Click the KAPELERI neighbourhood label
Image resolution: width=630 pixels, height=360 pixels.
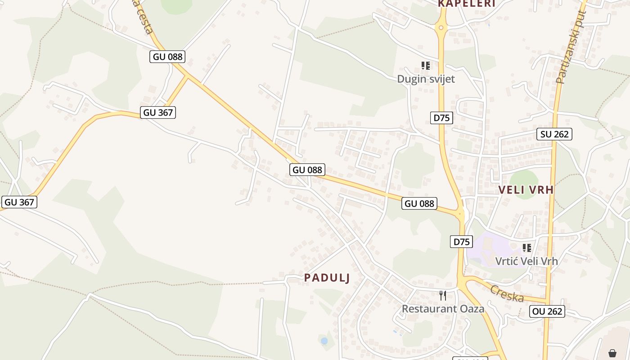pyautogui.click(x=467, y=4)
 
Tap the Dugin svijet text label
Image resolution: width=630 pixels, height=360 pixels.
pyautogui.click(x=426, y=79)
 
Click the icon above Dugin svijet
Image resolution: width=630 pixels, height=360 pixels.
pyautogui.click(x=426, y=66)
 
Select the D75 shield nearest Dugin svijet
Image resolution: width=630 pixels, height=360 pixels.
pyautogui.click(x=441, y=118)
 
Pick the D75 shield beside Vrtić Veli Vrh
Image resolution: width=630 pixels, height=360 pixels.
pyautogui.click(x=461, y=242)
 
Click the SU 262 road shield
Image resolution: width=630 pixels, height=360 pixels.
pyautogui.click(x=554, y=134)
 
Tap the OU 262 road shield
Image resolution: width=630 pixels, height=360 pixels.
pyautogui.click(x=547, y=311)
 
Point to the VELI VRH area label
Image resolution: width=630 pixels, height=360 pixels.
pyautogui.click(x=526, y=190)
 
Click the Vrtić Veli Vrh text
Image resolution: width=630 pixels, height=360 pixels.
pyautogui.click(x=526, y=261)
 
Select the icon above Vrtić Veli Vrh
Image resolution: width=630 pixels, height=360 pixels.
pyautogui.click(x=527, y=247)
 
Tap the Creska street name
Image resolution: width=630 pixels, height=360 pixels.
pyautogui.click(x=507, y=293)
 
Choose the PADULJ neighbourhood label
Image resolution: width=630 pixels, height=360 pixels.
pyautogui.click(x=327, y=278)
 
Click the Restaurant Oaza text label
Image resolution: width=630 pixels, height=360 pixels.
pyautogui.click(x=443, y=309)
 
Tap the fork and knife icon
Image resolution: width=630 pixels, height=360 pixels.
pyautogui.click(x=443, y=295)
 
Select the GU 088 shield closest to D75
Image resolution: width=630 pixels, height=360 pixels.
pyautogui.click(x=419, y=203)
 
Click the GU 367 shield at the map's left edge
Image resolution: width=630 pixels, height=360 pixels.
pyautogui.click(x=19, y=202)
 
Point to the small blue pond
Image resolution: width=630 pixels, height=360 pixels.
pyautogui.click(x=324, y=341)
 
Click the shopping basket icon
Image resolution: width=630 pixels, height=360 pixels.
pyautogui.click(x=612, y=353)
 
